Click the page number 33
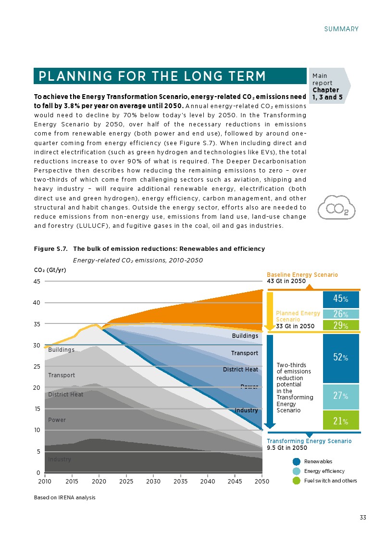[363, 518]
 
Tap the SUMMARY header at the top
[341, 29]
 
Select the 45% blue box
[341, 299]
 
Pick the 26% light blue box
[341, 314]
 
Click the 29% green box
[341, 325]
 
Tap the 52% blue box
[341, 358]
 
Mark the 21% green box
[341, 421]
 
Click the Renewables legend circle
[297, 462]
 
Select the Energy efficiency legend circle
[297, 471]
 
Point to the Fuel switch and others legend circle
[297, 481]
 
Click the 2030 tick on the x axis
[153, 481]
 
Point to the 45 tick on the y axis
[37, 282]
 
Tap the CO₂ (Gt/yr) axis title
[50, 270]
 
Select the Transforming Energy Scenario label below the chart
[309, 441]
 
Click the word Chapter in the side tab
[325, 90]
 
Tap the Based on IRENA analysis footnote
[64, 497]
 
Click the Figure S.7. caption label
[50, 249]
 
